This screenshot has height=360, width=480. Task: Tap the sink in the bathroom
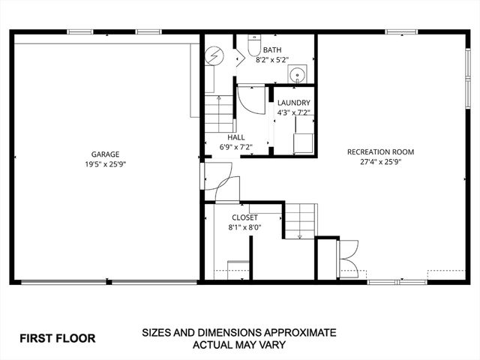297,74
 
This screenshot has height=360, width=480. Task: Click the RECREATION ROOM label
380,151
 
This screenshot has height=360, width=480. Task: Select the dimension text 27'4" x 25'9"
380,161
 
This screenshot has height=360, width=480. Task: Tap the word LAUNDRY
293,103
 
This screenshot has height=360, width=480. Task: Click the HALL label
236,137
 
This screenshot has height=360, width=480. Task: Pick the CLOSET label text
244,217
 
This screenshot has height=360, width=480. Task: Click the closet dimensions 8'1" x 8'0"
244,227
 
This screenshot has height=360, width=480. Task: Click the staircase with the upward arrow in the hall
218,113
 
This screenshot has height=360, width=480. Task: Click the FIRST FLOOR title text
58,338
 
